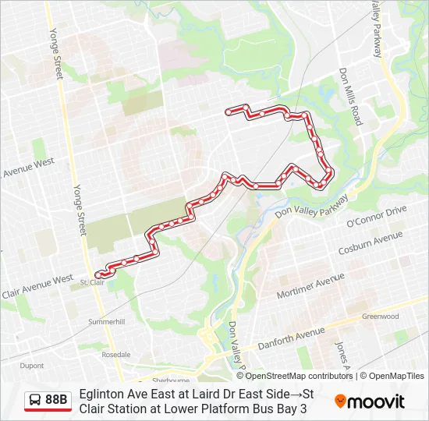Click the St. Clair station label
92,282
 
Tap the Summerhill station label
106,321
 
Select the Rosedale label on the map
116,354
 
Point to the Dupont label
32,365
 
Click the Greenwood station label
381,317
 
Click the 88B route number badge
56,400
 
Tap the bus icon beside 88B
35,400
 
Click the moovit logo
370,402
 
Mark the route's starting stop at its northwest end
228,112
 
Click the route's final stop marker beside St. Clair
98,274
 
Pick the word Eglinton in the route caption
99,394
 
